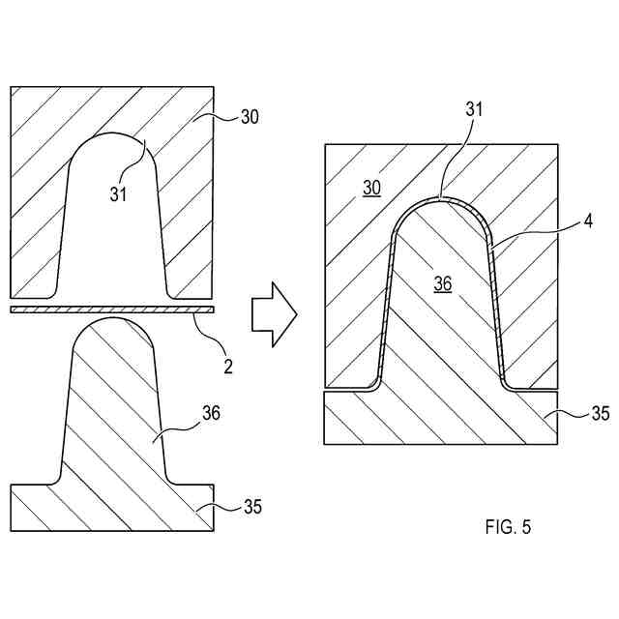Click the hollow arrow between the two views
(272, 311)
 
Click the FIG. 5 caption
(508, 527)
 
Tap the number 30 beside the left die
(249, 117)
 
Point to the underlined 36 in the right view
(443, 283)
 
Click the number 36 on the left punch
(212, 413)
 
